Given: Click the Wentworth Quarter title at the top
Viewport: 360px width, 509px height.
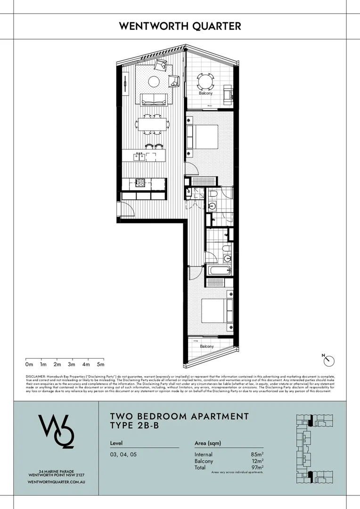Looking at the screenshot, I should [x=180, y=26].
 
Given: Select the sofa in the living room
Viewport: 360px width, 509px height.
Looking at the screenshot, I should [x=153, y=99].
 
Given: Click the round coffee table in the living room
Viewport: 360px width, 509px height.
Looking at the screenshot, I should [x=154, y=81].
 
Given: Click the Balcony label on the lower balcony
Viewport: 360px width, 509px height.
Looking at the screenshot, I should [x=206, y=346].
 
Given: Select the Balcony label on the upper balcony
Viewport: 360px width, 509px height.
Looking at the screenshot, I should [x=205, y=93].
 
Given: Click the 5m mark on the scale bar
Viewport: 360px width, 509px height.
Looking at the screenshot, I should [x=100, y=364].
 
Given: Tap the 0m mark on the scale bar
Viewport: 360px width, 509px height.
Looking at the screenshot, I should [x=29, y=364].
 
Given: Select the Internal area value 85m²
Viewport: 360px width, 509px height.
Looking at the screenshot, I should [x=257, y=454].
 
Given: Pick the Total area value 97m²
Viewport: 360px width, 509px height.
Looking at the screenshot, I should [x=257, y=468].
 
